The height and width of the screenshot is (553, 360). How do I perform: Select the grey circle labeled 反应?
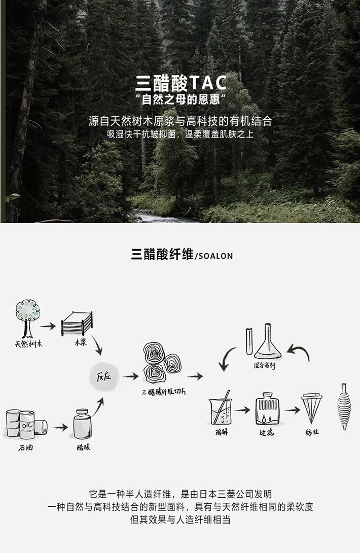tap(103, 377)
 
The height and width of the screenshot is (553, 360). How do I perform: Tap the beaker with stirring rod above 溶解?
tap(220, 410)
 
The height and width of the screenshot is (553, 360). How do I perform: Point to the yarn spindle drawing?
tap(345, 406)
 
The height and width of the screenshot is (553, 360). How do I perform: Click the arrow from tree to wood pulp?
tap(48, 327)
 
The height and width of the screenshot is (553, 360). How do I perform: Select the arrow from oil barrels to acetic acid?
tap(60, 427)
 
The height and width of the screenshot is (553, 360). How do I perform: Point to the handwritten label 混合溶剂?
tap(264, 365)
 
